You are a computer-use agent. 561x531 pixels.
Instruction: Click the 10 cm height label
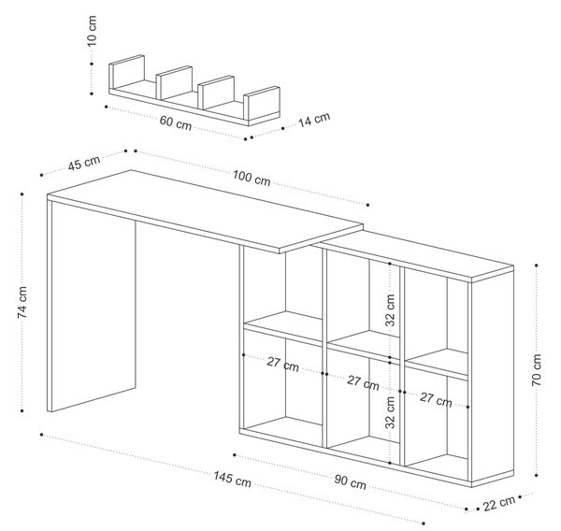tap(92, 31)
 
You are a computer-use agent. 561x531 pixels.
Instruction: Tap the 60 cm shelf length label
tap(176, 123)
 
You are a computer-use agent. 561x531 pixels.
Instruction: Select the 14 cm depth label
tap(314, 120)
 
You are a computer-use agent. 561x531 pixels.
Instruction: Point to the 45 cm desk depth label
tap(84, 163)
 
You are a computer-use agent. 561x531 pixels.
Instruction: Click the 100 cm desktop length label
tap(252, 179)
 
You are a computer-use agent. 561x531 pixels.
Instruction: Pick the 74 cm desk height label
tap(22, 302)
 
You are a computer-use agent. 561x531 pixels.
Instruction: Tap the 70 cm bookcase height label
tap(537, 369)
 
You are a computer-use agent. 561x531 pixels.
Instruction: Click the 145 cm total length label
tap(232, 480)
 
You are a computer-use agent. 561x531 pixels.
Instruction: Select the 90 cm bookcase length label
tap(350, 482)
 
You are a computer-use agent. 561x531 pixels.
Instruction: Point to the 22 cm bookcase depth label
tap(499, 504)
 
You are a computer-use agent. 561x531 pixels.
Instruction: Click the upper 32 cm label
tap(390, 309)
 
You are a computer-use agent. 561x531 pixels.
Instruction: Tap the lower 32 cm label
tap(390, 412)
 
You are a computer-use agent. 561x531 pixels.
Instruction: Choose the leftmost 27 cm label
tap(282, 365)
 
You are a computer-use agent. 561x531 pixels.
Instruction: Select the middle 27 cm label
tap(363, 383)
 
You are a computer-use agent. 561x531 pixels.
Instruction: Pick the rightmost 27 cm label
tap(436, 400)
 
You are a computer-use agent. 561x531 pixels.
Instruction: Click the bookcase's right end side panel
tap(493, 375)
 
